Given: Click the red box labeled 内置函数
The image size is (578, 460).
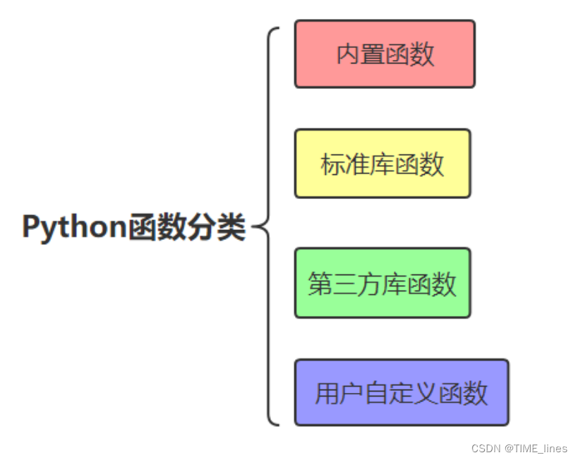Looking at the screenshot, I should (x=385, y=54).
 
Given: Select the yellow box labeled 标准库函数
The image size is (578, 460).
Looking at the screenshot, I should (x=383, y=164).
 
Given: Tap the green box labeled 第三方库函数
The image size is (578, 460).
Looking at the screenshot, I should (x=383, y=283).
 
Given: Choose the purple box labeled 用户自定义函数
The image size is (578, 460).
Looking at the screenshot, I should (x=401, y=392).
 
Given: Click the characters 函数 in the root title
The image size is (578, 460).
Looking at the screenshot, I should (x=150, y=228).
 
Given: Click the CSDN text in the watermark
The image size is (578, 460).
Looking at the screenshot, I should (x=485, y=448).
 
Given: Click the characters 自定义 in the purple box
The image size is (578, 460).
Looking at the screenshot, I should (x=400, y=393).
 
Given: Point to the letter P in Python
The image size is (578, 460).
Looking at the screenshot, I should (x=31, y=228).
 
